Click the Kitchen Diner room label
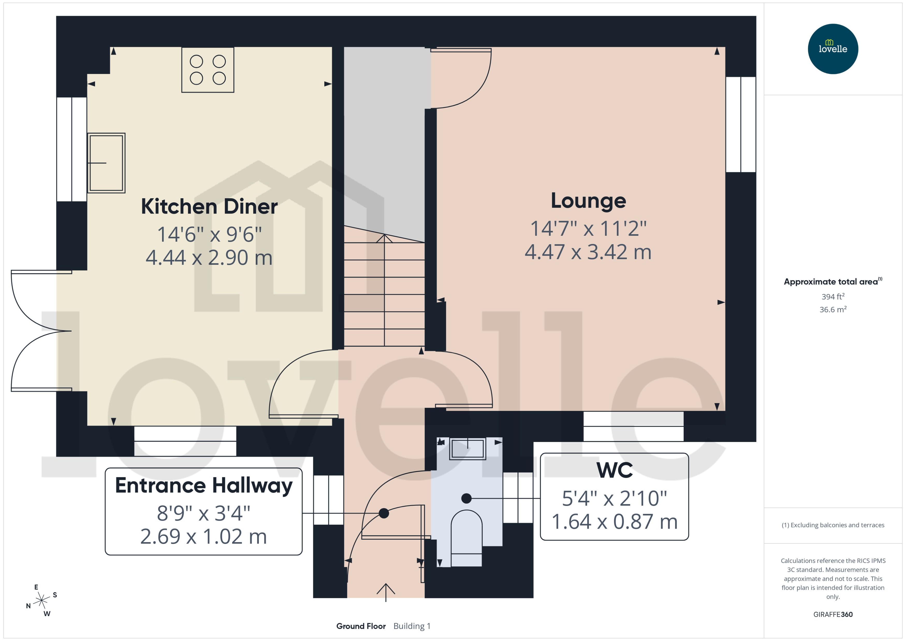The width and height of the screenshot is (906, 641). [209, 207]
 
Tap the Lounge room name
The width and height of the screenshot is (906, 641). [588, 201]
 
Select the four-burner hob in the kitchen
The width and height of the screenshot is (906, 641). [208, 70]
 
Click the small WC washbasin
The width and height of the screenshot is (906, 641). [467, 449]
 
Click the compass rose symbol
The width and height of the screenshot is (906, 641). [41, 600]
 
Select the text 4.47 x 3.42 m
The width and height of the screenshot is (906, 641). [588, 252]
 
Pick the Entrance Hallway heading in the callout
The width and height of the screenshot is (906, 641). [204, 485]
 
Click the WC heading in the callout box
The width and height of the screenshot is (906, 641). [614, 470]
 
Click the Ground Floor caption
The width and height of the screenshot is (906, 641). [361, 626]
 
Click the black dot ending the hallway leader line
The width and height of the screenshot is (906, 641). [384, 513]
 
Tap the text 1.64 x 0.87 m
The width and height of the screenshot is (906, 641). [614, 521]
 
